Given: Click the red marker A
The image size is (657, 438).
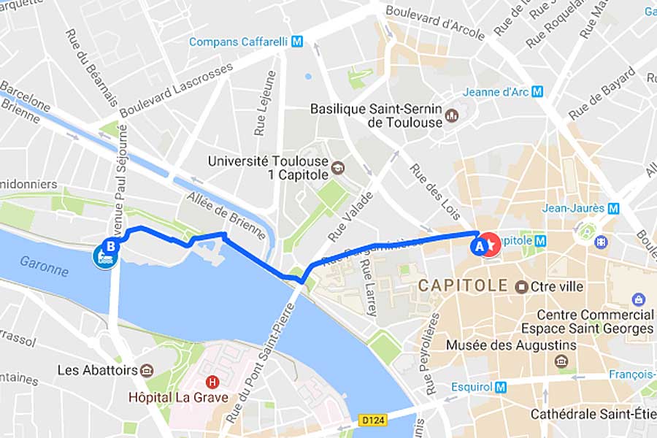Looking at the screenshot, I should click(x=480, y=247).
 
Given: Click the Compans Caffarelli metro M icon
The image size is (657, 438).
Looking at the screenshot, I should click(x=297, y=42).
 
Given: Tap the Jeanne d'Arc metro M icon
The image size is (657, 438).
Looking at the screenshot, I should click(x=537, y=92).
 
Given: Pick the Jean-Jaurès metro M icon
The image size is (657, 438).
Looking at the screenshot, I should click(x=613, y=208).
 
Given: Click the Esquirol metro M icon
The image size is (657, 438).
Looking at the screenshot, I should click(x=500, y=388).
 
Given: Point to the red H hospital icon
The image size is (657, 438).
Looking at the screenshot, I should click(x=212, y=382).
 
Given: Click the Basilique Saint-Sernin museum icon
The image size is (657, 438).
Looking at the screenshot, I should click(x=451, y=115).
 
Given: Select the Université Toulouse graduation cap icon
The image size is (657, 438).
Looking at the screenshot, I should click(x=337, y=168).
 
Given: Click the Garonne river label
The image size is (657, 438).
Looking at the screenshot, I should click(x=44, y=266).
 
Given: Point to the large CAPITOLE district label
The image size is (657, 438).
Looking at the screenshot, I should click(x=462, y=285).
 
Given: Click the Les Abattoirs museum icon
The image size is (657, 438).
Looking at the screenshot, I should click(x=147, y=370).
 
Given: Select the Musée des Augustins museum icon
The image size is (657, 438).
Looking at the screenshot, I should click(x=561, y=361).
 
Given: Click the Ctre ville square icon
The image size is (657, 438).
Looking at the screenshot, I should click(x=521, y=286).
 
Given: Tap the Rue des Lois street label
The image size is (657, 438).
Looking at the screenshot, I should click(x=435, y=191).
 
